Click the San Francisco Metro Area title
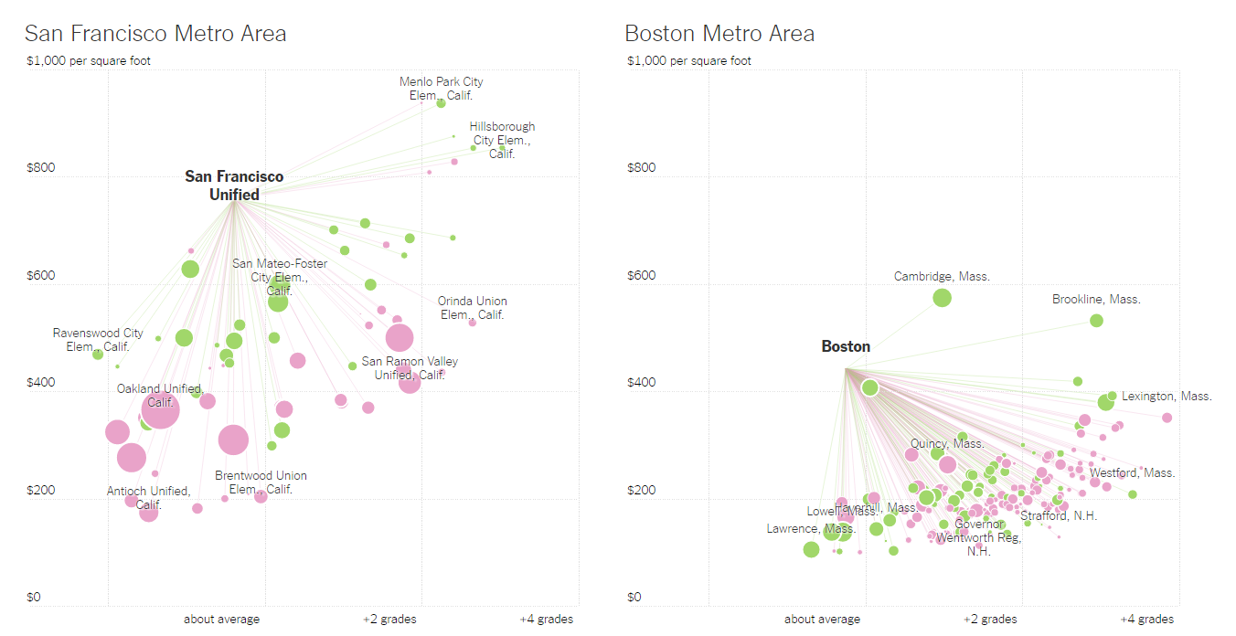coord(155,34)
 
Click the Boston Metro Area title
coord(719,34)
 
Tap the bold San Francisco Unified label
coord(234,185)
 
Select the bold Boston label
coord(846,346)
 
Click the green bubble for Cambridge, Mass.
coord(942,297)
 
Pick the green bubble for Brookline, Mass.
coord(1096,321)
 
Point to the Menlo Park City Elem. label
coord(441,88)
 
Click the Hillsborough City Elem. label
coord(502,140)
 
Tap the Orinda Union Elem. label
coord(472,307)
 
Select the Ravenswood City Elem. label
coord(98,340)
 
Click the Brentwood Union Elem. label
coord(261,482)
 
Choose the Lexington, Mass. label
coord(1167,397)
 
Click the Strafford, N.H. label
coord(1059,515)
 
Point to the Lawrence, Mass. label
coord(810,529)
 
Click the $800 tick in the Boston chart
coord(643,168)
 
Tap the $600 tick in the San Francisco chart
coord(42,276)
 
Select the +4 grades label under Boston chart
coord(1146,620)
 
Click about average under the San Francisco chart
coord(221,620)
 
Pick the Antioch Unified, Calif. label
coord(148,497)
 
